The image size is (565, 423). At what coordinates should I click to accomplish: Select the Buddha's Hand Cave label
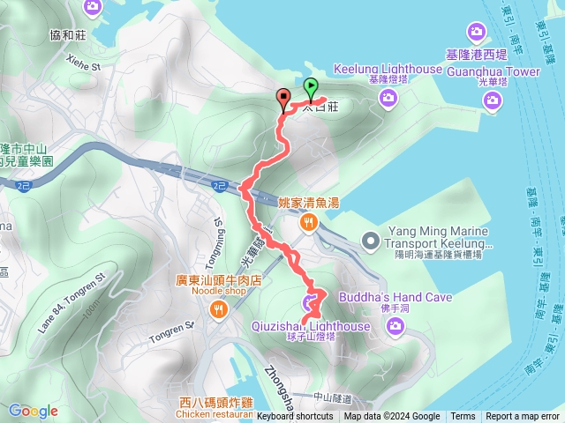tap(401, 297)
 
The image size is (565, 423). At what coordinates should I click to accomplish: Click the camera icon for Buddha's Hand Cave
tap(395, 327)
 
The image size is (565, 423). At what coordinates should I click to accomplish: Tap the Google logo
tap(34, 411)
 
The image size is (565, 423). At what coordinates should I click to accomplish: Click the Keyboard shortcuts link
tap(295, 417)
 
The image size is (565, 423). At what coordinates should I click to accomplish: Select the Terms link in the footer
tap(463, 417)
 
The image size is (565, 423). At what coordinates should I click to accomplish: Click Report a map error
tap(524, 417)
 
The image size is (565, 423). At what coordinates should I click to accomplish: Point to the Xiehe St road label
tap(85, 64)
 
